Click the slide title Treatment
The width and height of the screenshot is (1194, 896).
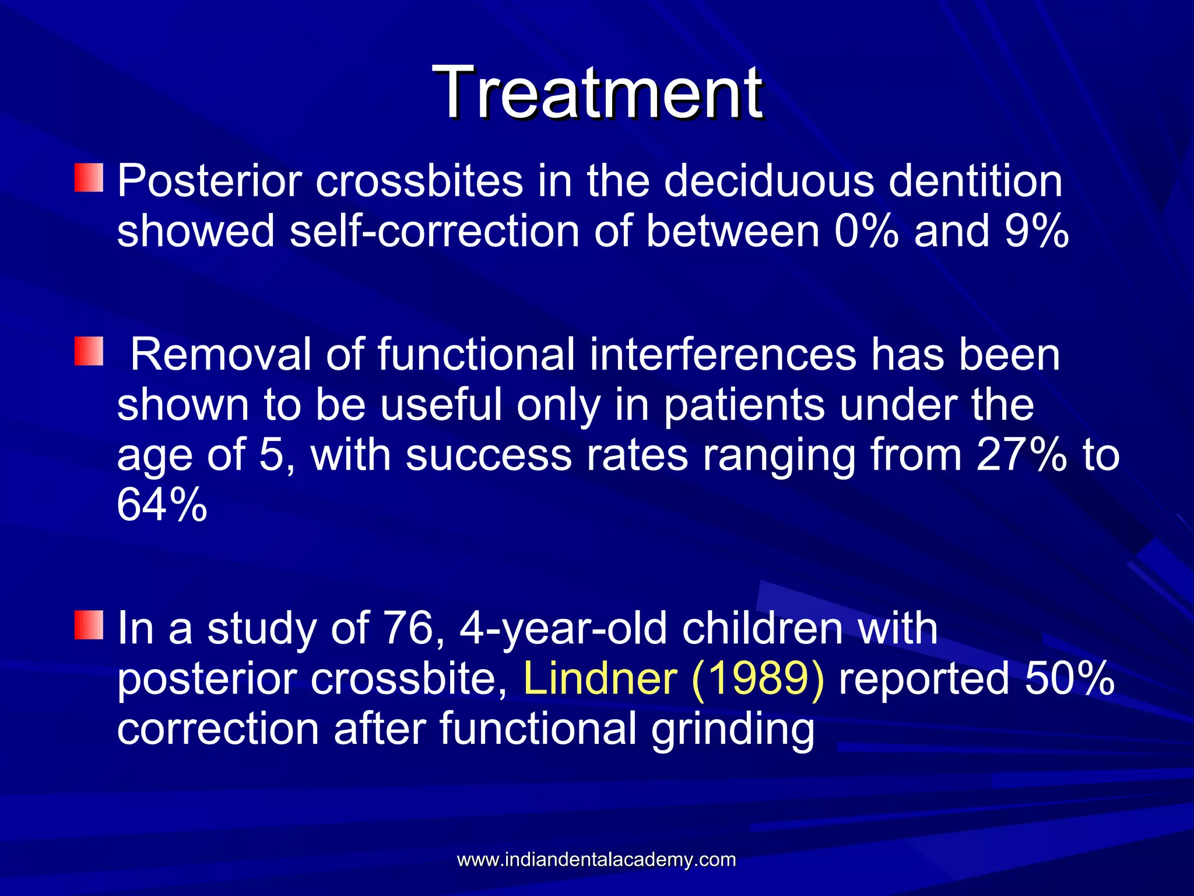pyautogui.click(x=597, y=93)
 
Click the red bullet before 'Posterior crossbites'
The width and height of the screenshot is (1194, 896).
pyautogui.click(x=89, y=178)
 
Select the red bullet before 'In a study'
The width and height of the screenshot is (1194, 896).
pyautogui.click(x=89, y=625)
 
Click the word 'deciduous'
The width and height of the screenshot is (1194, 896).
pyautogui.click(x=769, y=181)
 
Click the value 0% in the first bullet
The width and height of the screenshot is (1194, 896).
pyautogui.click(x=866, y=231)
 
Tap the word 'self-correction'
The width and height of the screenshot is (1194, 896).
pyautogui.click(x=434, y=231)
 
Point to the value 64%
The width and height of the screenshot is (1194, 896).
pyautogui.click(x=161, y=505)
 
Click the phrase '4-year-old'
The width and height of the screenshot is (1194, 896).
pyautogui.click(x=563, y=629)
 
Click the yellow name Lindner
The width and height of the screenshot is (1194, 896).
pyautogui.click(x=600, y=679)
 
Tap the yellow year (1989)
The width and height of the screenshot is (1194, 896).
pyautogui.click(x=758, y=679)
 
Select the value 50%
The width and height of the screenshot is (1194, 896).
pyautogui.click(x=1069, y=679)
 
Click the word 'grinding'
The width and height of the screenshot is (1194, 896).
pyautogui.click(x=732, y=730)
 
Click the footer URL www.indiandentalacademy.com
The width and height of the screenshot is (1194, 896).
pyautogui.click(x=596, y=860)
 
